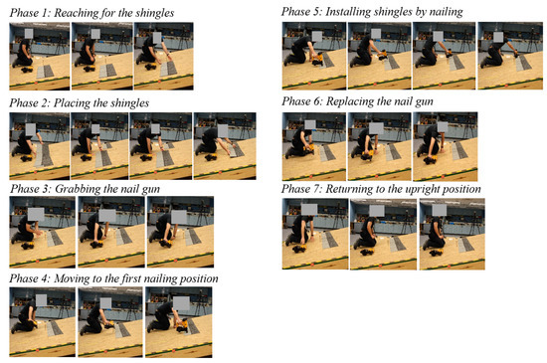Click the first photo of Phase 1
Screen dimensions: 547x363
(40, 56)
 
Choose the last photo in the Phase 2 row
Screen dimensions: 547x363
(225, 146)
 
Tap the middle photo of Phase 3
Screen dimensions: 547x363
(111, 232)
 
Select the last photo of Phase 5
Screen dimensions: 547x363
(510, 56)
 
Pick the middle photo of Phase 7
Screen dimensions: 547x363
(383, 234)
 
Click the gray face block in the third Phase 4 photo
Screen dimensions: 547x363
(181, 303)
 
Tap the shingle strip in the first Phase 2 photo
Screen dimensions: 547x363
(44, 154)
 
